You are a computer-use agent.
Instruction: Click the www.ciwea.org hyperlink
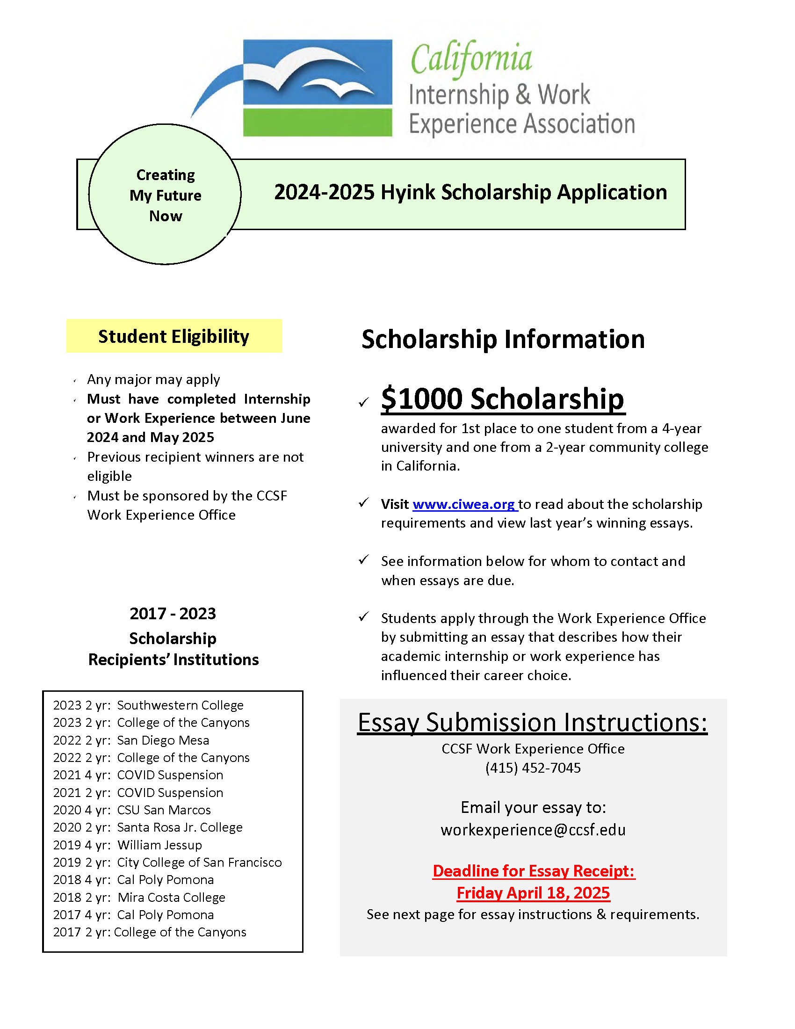click(464, 504)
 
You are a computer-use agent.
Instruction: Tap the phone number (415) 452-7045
click(533, 768)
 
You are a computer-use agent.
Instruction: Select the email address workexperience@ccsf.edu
click(533, 830)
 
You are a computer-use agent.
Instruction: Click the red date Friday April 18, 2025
click(533, 893)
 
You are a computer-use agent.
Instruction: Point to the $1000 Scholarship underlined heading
click(503, 399)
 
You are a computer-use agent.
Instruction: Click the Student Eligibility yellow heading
click(174, 336)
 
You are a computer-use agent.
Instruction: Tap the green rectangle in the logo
click(318, 123)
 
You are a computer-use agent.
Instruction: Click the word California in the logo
click(471, 58)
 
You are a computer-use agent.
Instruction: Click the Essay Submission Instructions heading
click(532, 722)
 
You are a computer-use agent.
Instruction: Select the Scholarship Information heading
click(503, 339)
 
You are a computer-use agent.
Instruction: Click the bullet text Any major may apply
click(153, 379)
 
